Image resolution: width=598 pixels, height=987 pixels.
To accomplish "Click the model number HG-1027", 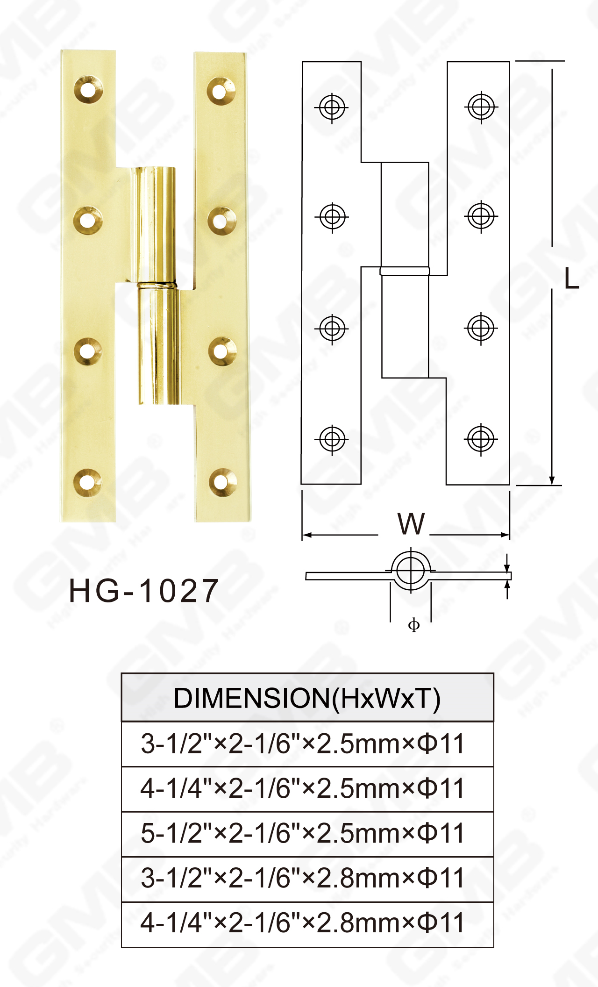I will coord(143,591).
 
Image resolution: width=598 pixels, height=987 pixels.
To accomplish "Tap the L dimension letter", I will coord(571,279).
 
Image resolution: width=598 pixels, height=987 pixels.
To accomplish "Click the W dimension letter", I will coord(411,524).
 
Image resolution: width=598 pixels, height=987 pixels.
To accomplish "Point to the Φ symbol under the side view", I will coord(414,625).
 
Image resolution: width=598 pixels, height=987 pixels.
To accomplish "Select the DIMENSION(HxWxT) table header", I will coord(307,699).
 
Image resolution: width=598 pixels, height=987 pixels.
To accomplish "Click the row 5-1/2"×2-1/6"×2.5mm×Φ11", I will coord(303,833).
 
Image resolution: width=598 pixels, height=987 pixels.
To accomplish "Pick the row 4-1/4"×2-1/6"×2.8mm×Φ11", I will coord(303,923).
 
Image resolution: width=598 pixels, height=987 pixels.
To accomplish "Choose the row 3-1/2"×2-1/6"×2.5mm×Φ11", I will coord(303,744).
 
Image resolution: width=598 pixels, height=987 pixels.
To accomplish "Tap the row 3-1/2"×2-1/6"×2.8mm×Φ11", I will coord(303,878).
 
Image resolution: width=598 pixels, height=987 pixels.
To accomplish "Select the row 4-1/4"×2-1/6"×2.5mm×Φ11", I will coord(303,788).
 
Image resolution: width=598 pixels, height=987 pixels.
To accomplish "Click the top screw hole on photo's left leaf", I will coord(88,89).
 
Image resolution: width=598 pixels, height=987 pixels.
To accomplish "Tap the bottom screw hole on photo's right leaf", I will coord(222,482).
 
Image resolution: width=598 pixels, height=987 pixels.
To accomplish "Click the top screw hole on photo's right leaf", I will coord(221,91).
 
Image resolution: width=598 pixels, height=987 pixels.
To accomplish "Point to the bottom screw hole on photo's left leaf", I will coord(88,481).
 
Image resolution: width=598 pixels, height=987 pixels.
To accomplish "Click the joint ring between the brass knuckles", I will coord(157,284).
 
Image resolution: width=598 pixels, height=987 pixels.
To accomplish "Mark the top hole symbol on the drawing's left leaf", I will coord(332,107).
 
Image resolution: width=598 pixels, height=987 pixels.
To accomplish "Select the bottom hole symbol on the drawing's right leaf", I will coord(481,439).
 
